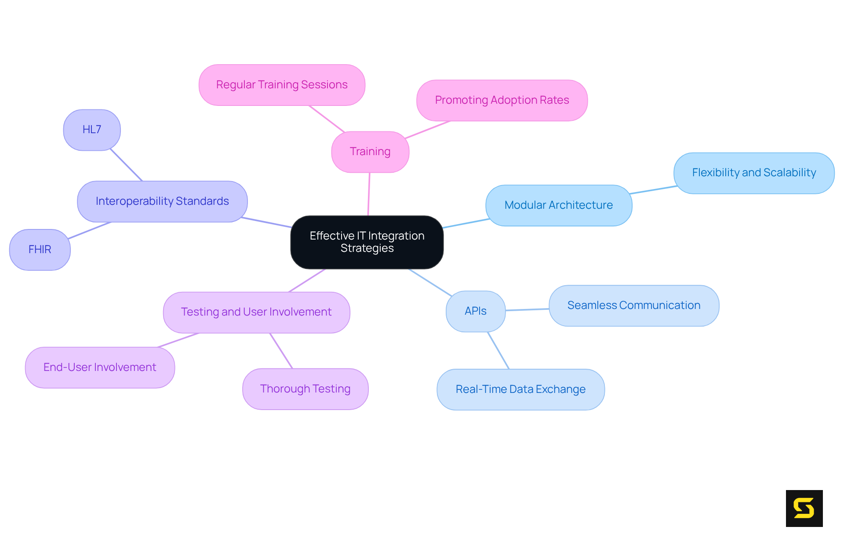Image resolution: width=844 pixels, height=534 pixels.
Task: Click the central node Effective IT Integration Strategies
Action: (367, 242)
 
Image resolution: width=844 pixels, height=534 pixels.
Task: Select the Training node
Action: (370, 152)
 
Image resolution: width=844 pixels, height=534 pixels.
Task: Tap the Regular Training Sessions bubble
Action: (282, 85)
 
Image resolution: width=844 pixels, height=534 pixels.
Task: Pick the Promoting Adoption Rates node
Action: (502, 100)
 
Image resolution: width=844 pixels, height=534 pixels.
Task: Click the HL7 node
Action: (92, 130)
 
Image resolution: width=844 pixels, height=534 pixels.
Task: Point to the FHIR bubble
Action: (40, 250)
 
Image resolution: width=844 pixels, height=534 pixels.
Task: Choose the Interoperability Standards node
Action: (162, 201)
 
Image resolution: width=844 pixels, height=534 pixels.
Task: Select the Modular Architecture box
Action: (558, 205)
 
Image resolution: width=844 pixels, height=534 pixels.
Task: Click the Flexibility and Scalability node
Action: (753, 173)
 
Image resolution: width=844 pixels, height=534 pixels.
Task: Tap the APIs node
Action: (475, 311)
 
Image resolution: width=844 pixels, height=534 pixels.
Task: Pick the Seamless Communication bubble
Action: (633, 305)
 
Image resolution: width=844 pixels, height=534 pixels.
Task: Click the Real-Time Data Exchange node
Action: (520, 389)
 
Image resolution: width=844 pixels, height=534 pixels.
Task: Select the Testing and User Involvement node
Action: (256, 312)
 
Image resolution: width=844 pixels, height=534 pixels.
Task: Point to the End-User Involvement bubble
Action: (100, 367)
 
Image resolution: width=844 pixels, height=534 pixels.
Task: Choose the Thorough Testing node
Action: (305, 389)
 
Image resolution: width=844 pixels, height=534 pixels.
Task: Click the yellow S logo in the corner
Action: (804, 508)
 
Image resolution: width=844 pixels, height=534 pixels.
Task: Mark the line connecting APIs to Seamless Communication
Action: (527, 309)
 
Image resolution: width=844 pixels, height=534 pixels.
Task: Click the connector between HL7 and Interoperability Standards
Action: (126, 165)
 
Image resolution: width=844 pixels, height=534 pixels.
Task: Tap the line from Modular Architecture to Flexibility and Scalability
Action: (653, 190)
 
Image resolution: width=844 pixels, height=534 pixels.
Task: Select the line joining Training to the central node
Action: (369, 194)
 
